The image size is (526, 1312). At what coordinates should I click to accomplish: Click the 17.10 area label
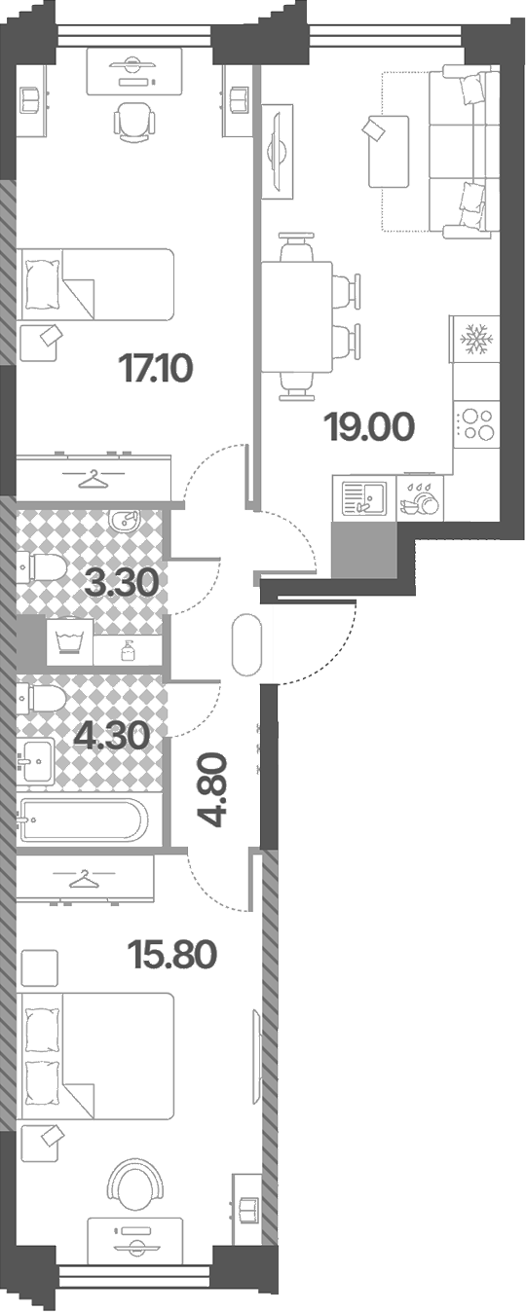coord(155,369)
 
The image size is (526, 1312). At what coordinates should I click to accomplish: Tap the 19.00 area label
coord(370,427)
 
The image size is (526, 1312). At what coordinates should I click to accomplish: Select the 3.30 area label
coord(122,583)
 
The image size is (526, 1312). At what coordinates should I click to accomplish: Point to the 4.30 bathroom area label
coord(111,736)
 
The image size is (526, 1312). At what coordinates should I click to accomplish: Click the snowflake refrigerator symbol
coord(476,339)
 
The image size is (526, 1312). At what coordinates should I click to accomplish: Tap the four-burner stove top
coord(476,424)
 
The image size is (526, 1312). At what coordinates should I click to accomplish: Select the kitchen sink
coord(363,496)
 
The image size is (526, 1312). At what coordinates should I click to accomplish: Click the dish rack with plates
coord(420,499)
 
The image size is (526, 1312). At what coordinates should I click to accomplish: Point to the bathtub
coord(81,819)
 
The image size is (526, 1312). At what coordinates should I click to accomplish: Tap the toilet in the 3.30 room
coord(41,567)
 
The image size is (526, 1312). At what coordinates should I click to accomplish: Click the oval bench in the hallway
coord(246,645)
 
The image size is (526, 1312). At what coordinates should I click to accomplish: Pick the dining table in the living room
coord(297,317)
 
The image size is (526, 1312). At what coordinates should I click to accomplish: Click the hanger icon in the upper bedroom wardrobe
coord(93,478)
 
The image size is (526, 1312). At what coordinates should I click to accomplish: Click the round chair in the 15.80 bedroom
coord(134,1184)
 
